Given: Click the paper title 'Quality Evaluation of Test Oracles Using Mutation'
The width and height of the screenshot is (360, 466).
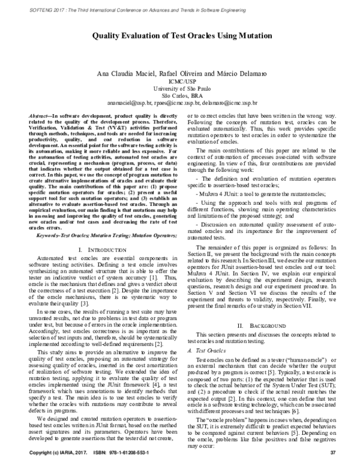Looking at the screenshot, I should coord(180,35).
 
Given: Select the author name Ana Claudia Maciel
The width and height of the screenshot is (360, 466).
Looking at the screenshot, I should coord(121,73).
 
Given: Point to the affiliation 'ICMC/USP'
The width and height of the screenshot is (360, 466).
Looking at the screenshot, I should coord(180,80).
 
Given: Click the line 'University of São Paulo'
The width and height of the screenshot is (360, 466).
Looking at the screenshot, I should coord(180,88).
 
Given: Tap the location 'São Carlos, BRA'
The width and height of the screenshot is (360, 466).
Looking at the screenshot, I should coord(180,95).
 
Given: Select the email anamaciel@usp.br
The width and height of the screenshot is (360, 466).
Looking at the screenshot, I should coord(124,103).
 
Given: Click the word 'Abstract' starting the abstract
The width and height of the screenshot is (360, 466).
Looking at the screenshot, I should coord(40,114).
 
